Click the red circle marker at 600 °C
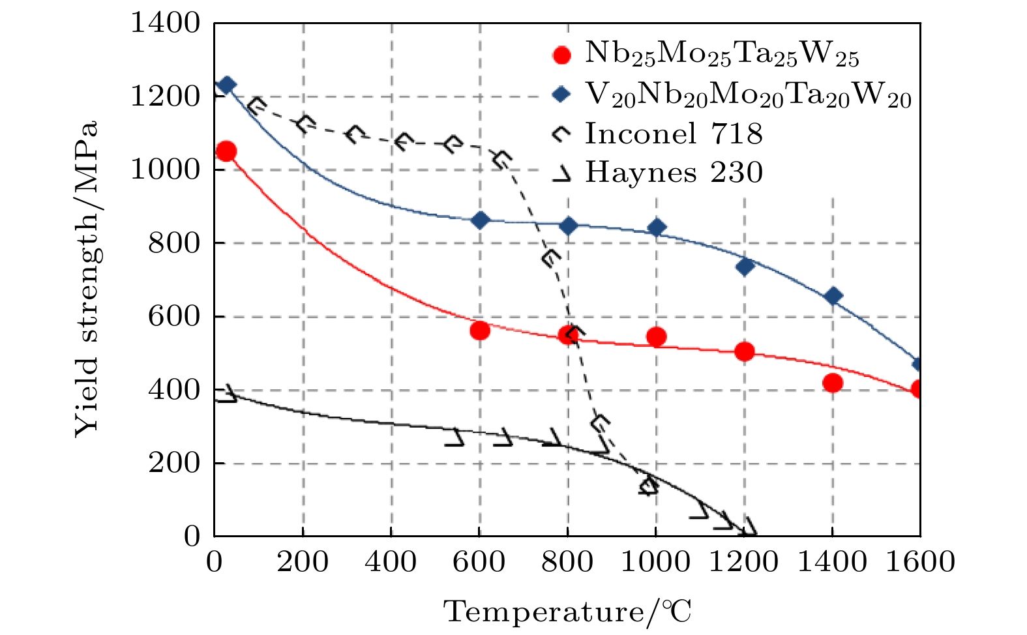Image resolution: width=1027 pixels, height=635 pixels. coord(479,331)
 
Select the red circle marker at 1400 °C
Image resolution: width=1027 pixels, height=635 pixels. coord(833,383)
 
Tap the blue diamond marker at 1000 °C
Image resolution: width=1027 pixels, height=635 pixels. coord(657,228)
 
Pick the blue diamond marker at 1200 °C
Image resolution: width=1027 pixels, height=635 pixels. coord(745,266)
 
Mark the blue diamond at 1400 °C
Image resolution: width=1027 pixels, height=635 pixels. coord(833,296)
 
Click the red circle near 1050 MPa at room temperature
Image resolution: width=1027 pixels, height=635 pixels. coord(226,151)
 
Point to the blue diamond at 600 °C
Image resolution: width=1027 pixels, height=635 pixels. coord(480,220)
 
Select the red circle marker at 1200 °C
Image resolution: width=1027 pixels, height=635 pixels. coord(744,351)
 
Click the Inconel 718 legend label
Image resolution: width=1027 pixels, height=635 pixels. coord(673,134)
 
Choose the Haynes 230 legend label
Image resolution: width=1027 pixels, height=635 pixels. coord(673,173)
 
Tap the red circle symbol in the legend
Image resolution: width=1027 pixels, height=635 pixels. coord(561,55)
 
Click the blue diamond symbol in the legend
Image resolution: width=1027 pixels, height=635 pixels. coord(561,95)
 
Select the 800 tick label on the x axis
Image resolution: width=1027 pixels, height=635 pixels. coord(567,561)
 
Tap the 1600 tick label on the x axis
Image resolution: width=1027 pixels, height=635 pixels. coord(919,561)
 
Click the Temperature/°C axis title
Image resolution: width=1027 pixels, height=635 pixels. coord(567,612)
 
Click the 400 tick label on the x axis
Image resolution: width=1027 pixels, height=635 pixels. coord(391,561)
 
